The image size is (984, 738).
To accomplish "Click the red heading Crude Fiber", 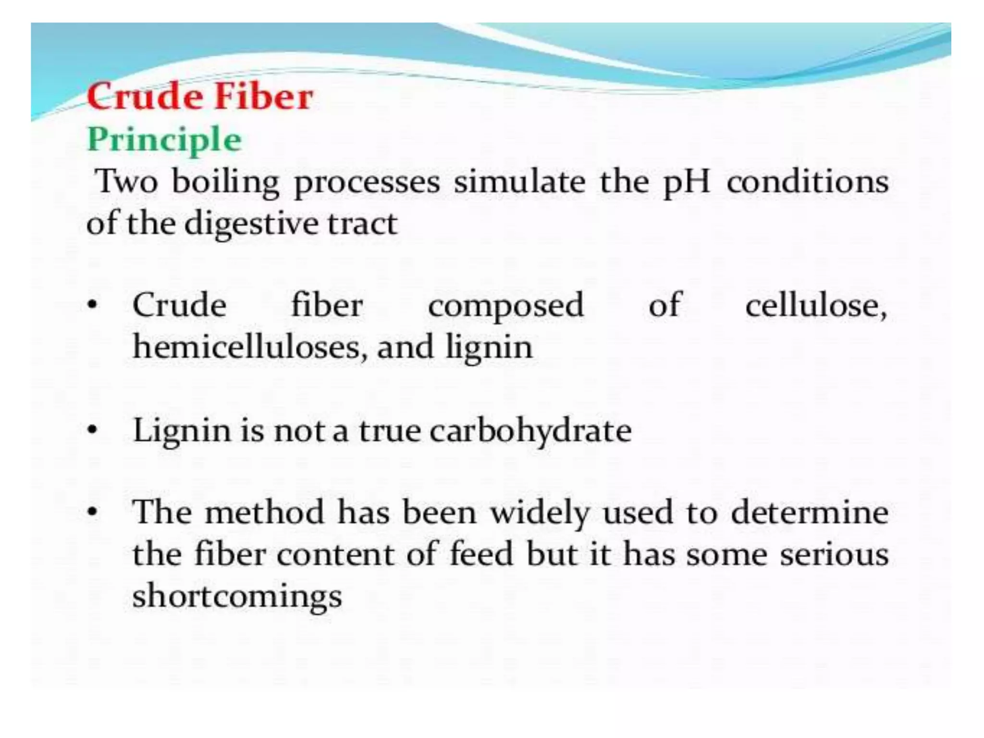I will click(x=200, y=97).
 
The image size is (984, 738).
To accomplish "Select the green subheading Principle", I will click(x=164, y=139).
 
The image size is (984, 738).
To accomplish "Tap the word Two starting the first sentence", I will click(x=127, y=182).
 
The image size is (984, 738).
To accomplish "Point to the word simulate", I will click(x=519, y=182).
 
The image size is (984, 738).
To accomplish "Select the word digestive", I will click(x=251, y=224).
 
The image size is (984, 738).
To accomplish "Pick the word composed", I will click(x=505, y=306).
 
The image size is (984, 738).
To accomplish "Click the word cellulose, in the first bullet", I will click(x=816, y=305).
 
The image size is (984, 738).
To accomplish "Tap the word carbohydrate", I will click(x=530, y=431).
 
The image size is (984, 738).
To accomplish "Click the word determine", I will click(x=810, y=512).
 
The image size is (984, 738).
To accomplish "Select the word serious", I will click(x=834, y=554).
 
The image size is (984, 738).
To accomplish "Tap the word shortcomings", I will click(x=237, y=596).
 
